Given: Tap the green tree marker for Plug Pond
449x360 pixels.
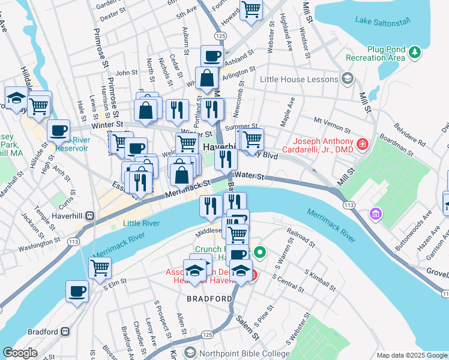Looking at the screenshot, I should click(414, 53).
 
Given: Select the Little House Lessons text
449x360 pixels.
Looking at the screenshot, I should click(300, 79).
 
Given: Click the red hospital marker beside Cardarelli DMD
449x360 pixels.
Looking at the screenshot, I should click(362, 144).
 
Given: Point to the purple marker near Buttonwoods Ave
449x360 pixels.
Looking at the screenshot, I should click(376, 213).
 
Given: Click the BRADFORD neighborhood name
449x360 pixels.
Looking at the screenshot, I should click(209, 298).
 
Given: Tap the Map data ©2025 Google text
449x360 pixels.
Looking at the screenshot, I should click(412, 355).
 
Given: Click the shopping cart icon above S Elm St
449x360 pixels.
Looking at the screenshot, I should click(100, 268).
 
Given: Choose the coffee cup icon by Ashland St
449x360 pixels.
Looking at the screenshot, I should click(211, 56).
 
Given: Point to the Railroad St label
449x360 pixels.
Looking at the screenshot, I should click(301, 236).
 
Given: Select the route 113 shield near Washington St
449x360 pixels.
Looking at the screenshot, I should click(74, 241).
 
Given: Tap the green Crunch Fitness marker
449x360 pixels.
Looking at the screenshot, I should click(259, 253).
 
